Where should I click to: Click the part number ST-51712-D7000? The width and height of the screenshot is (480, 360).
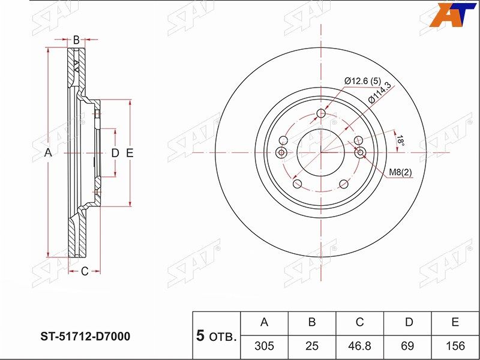[86, 336]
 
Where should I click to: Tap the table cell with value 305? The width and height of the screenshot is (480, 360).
[264, 346]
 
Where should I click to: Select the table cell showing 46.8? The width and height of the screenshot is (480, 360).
[359, 346]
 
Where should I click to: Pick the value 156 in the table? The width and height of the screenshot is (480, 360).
[455, 346]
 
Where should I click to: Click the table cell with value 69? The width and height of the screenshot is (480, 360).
[407, 346]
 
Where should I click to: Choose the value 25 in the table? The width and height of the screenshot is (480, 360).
[312, 346]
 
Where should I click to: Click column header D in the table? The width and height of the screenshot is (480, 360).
[409, 322]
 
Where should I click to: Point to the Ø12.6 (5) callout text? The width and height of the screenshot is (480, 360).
[362, 82]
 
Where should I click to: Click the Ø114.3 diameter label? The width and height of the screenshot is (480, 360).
[380, 93]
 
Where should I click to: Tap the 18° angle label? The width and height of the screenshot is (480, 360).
[400, 141]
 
